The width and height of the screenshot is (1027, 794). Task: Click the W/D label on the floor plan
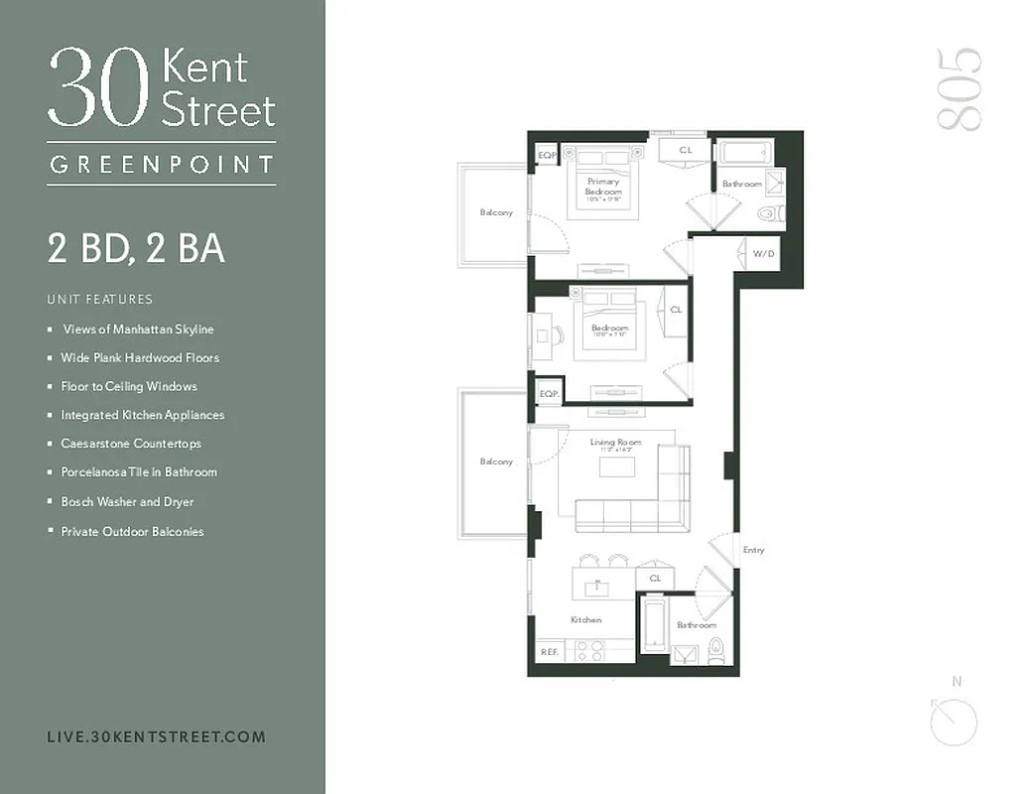(x=763, y=253)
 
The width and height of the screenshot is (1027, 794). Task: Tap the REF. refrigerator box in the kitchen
(x=549, y=652)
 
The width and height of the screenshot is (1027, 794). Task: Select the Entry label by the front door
(x=753, y=550)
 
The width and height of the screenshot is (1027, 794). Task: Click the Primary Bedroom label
(x=603, y=187)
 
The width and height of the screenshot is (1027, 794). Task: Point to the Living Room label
(x=615, y=443)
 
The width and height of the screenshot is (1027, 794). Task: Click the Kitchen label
(x=585, y=620)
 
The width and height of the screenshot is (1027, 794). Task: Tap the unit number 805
(x=959, y=88)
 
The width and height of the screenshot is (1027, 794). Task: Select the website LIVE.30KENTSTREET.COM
(x=156, y=736)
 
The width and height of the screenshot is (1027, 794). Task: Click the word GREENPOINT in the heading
(x=161, y=165)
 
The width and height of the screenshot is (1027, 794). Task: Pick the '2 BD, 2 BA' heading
(x=136, y=248)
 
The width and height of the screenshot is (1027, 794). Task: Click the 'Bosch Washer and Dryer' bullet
(x=127, y=502)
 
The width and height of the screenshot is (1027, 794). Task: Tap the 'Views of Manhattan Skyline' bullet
(x=138, y=330)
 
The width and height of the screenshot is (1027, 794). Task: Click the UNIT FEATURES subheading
(x=99, y=299)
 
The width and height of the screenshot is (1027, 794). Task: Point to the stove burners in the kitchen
(x=590, y=650)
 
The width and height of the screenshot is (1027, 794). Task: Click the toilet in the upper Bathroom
(x=769, y=213)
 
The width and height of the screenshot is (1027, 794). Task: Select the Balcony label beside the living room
(x=496, y=462)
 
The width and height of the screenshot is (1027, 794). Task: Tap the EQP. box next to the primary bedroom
(x=546, y=156)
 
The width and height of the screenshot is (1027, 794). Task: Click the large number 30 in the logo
(x=99, y=89)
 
